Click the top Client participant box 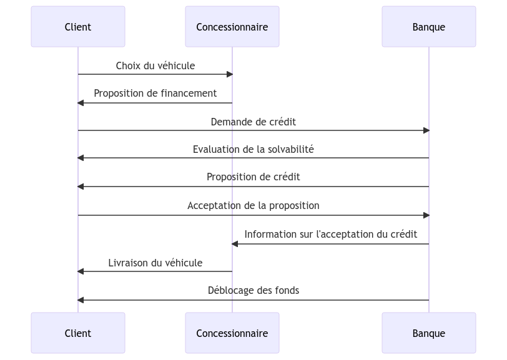(78, 27)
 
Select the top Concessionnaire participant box (232, 27)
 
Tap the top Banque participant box (428, 27)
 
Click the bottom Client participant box (78, 333)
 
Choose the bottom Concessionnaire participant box (232, 333)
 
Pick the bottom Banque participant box (428, 333)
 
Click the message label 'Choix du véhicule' (155, 66)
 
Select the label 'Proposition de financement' (155, 93)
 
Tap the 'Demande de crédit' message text (253, 122)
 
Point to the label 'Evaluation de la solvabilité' (253, 149)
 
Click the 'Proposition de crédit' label (253, 177)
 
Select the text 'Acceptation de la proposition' (253, 205)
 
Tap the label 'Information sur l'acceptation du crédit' (330, 234)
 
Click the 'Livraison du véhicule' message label (155, 263)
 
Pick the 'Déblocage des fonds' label (253, 290)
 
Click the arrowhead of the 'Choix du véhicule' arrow (229, 74)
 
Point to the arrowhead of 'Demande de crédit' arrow (426, 130)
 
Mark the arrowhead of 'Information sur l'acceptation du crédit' (235, 243)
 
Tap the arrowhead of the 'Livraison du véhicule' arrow (81, 271)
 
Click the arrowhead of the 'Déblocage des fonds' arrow (81, 300)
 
